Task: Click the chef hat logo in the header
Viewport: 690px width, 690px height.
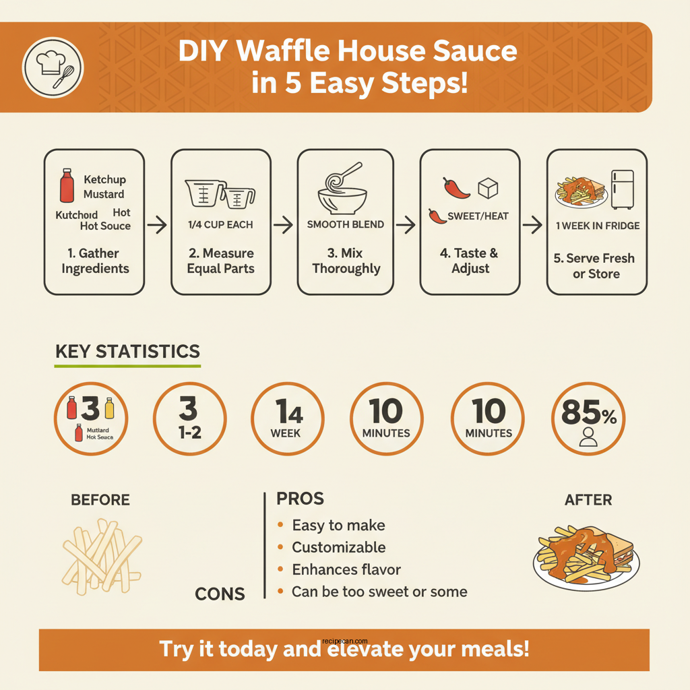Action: [x=53, y=67]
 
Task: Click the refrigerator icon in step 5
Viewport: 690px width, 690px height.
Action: [x=622, y=189]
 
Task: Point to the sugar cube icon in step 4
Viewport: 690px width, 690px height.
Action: [x=487, y=189]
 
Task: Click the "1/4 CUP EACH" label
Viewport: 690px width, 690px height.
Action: [x=220, y=224]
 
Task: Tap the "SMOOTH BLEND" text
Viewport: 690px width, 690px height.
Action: [x=345, y=224]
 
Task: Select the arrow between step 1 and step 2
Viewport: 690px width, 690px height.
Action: [x=157, y=226]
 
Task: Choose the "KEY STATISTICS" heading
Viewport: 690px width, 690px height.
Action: [x=127, y=352]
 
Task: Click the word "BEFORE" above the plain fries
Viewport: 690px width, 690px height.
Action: [x=100, y=500]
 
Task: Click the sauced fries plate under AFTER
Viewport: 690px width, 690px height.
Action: [x=586, y=556]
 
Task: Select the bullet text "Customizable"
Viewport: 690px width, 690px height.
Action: [x=338, y=547]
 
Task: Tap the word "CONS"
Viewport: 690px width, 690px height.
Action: [x=220, y=594]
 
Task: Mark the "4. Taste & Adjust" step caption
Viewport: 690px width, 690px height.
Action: [x=470, y=261]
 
